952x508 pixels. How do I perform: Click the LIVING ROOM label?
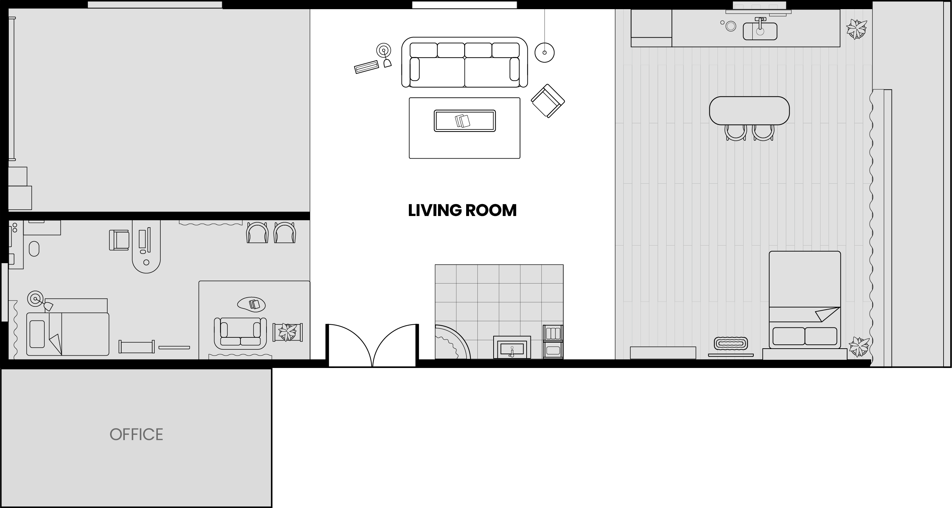[x=462, y=210]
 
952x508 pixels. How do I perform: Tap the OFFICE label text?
[x=136, y=434]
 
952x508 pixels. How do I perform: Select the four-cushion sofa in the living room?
[x=464, y=62]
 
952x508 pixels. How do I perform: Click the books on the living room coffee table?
[x=462, y=121]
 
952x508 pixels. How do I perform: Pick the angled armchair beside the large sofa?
[x=548, y=101]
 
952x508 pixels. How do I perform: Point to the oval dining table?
[x=750, y=110]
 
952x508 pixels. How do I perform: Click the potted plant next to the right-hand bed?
[x=859, y=347]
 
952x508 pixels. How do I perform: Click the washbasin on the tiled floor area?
[x=512, y=348]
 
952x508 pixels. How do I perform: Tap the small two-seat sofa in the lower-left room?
[x=240, y=334]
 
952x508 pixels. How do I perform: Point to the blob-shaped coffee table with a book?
[x=251, y=305]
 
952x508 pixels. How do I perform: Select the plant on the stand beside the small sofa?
[x=288, y=332]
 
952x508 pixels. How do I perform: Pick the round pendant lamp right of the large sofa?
[x=544, y=52]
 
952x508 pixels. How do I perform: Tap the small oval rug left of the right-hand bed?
[x=731, y=343]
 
